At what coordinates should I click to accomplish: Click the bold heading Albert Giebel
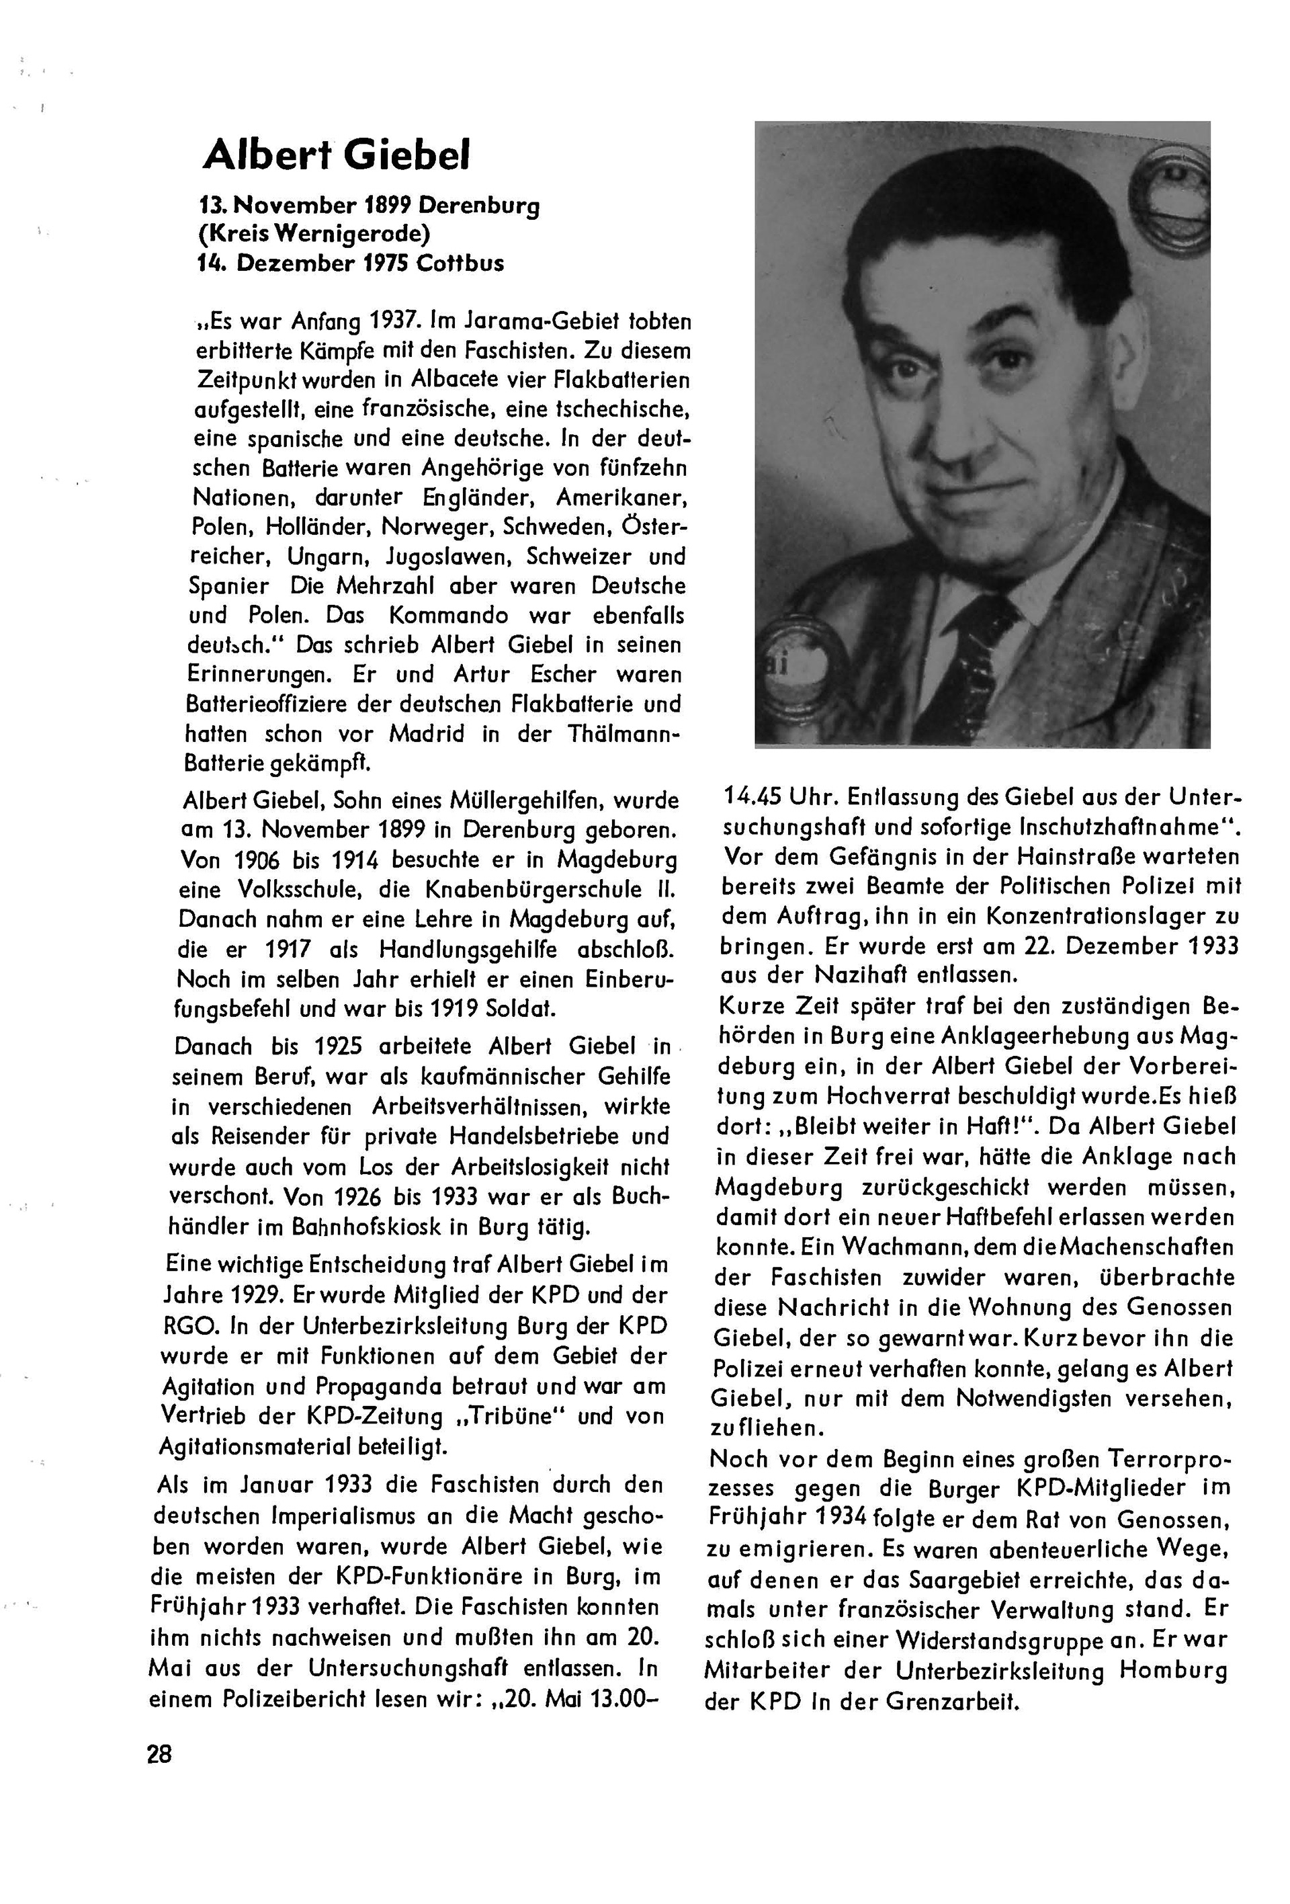337,154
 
